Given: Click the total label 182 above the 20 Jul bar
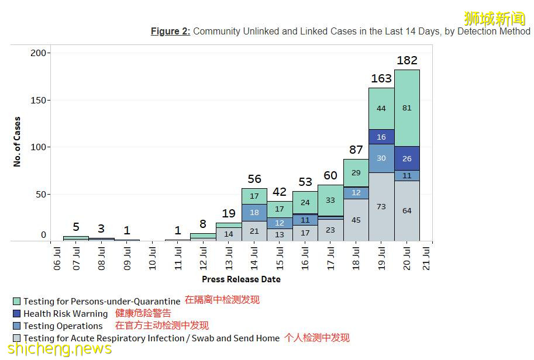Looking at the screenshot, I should coord(406,61).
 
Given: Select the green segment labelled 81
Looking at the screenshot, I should coord(406,108).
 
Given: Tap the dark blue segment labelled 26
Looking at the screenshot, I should coord(406,158).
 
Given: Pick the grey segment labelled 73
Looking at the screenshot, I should coord(381,207).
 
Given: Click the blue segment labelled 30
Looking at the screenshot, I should coord(381,158).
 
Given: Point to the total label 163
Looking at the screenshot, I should coord(381,79).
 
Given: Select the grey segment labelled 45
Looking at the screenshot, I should coord(356,220).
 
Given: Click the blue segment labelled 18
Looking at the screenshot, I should coord(254,213).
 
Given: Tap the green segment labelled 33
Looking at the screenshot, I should coord(330,200).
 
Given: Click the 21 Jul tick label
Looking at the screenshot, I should coord(426,258).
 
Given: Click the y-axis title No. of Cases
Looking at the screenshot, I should coord(17,141).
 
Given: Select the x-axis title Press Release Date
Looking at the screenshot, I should coord(241,279).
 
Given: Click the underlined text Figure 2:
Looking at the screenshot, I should coord(170,32).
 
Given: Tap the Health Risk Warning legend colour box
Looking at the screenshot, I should coord(17,314).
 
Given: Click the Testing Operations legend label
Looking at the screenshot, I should coord(63,326).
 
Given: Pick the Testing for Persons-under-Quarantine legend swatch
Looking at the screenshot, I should coord(17,302).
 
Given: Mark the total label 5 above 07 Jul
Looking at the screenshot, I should coord(76,227).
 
